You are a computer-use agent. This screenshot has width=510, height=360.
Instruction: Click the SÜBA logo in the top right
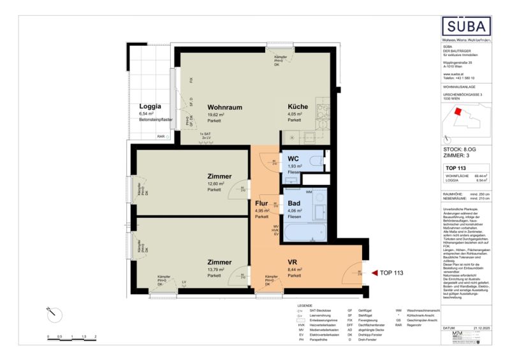(x=468, y=27)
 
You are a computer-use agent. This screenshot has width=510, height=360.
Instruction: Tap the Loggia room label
(x=150, y=106)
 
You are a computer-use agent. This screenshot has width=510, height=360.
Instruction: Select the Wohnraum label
(x=224, y=107)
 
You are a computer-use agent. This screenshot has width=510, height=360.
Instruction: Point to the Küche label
(x=298, y=107)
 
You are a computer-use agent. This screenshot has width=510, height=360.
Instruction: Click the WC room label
(x=293, y=158)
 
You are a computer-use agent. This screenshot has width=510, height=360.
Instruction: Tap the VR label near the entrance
(x=293, y=261)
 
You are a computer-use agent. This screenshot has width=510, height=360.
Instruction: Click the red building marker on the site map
(x=456, y=112)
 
